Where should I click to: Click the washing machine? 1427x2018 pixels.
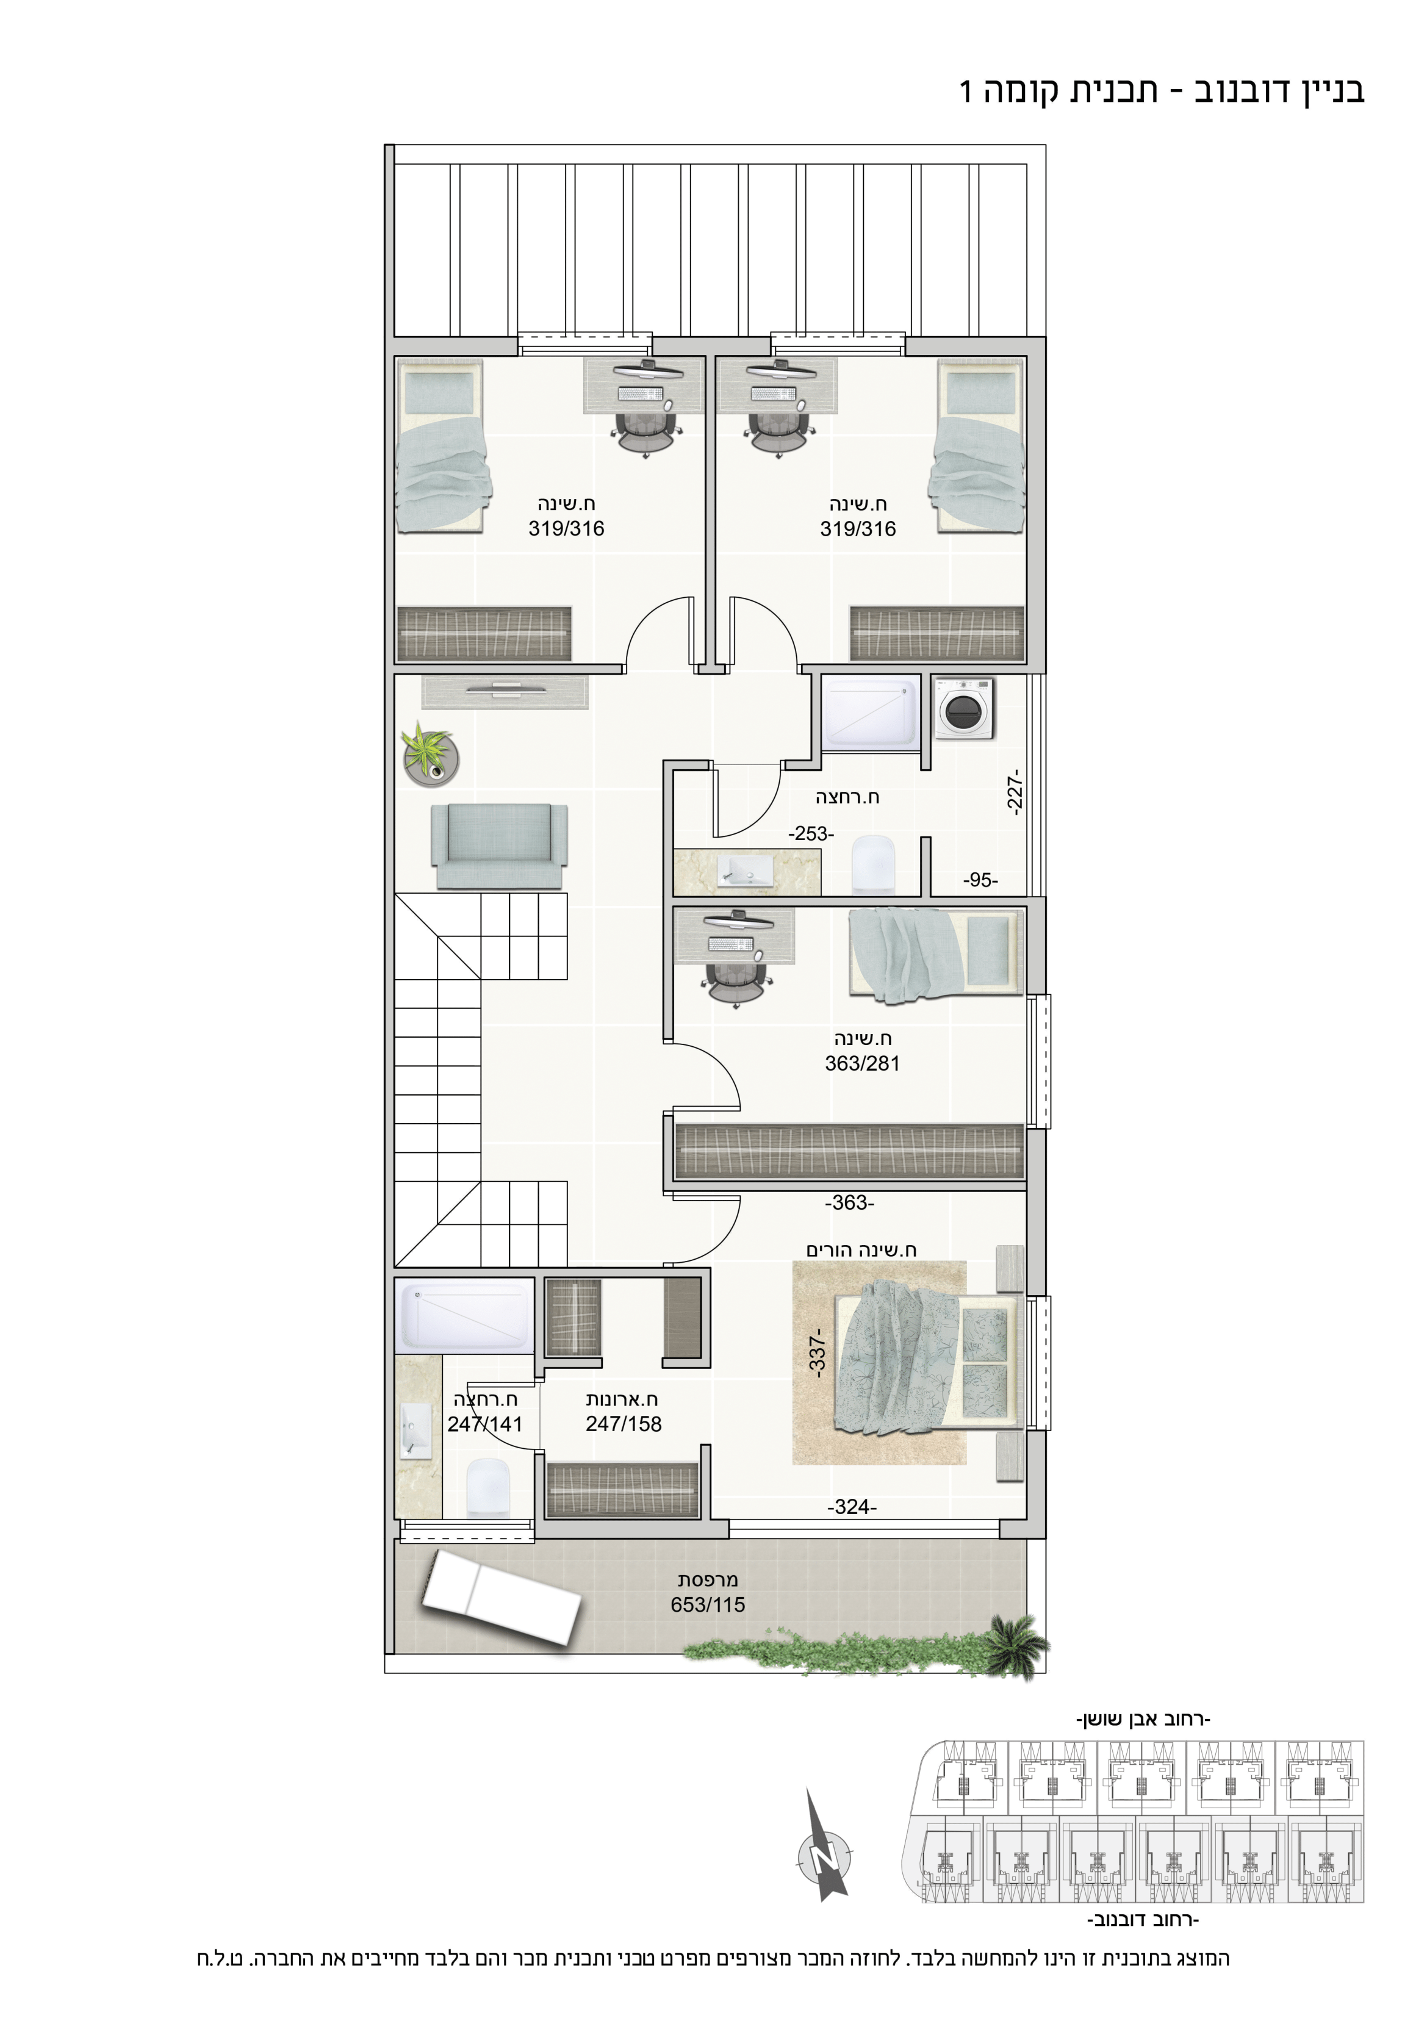click(964, 708)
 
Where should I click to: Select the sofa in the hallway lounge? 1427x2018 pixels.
click(498, 846)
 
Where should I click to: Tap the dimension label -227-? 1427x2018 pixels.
click(1014, 794)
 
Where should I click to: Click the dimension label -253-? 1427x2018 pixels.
click(811, 833)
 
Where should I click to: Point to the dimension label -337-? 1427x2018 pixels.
click(817, 1352)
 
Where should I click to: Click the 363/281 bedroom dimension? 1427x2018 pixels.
click(861, 1063)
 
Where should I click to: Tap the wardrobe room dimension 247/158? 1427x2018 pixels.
click(624, 1424)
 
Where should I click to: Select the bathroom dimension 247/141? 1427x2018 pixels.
click(484, 1424)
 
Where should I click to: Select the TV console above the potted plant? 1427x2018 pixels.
click(505, 692)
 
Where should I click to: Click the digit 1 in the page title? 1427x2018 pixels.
click(966, 90)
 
